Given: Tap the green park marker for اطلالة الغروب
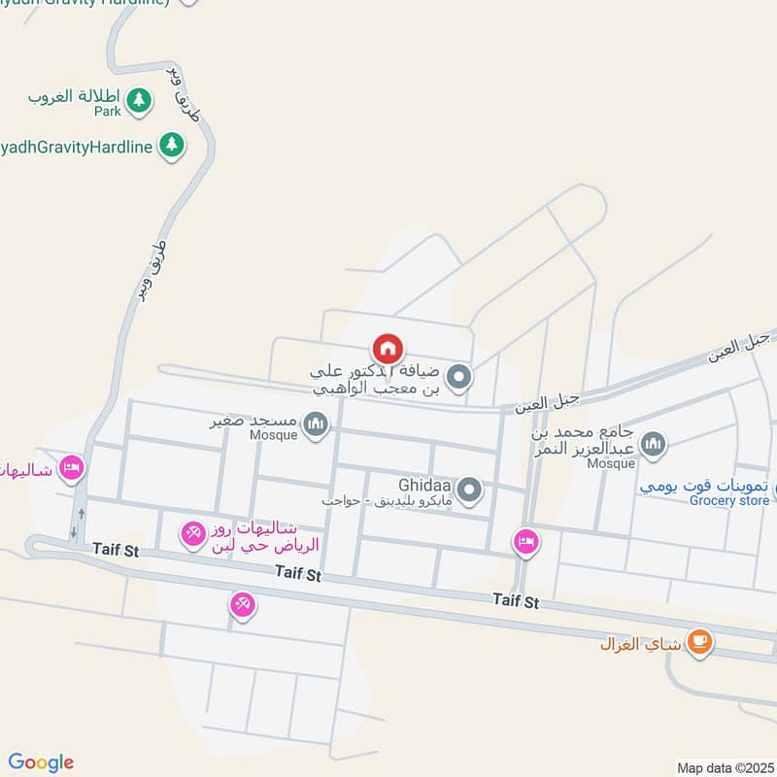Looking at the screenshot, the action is click(139, 99).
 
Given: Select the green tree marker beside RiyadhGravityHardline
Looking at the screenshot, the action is click(172, 146).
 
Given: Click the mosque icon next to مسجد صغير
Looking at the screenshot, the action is click(315, 423).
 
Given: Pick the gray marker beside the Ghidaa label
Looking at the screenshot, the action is click(470, 490).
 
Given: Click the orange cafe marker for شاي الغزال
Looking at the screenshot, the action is click(698, 641).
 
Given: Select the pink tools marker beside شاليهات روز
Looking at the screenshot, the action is click(192, 532).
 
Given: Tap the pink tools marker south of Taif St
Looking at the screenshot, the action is click(243, 605).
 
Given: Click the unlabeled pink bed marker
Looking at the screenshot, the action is click(525, 542).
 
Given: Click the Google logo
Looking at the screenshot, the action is click(41, 762).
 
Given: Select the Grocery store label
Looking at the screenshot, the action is click(729, 501).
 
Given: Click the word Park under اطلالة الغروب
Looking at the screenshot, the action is click(108, 112).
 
